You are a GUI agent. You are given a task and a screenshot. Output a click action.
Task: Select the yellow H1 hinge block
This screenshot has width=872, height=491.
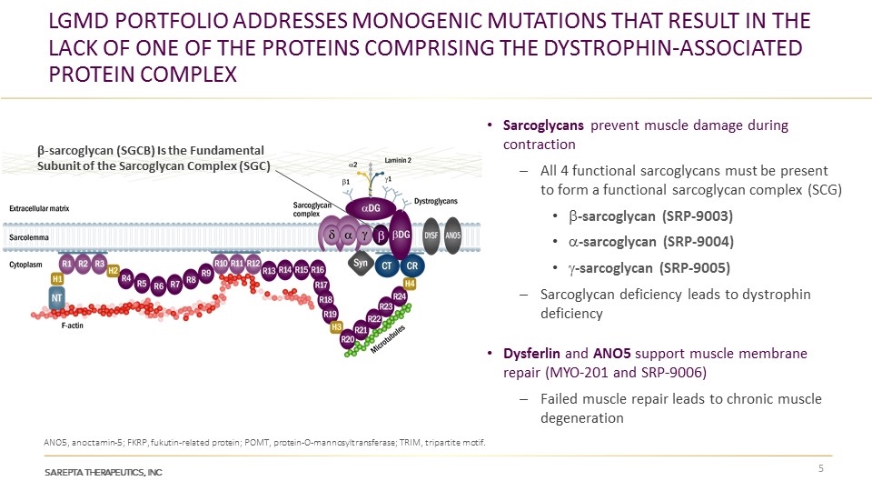pyautogui.click(x=57, y=278)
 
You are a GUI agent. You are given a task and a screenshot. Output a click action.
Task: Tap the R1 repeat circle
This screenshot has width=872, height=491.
pyautogui.click(x=66, y=264)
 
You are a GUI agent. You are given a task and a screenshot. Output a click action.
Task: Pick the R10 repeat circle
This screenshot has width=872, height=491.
pyautogui.click(x=221, y=264)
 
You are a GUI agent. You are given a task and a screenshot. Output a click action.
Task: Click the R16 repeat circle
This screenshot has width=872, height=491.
pyautogui.click(x=318, y=270)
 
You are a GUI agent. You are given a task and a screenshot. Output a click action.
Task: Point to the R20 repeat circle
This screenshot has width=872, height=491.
pyautogui.click(x=347, y=339)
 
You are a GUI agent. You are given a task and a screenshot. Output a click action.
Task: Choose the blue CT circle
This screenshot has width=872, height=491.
pyautogui.click(x=386, y=265)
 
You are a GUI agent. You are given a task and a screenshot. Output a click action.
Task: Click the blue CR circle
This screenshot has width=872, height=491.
pyautogui.click(x=411, y=265)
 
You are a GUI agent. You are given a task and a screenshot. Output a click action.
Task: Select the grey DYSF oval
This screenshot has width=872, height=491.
pyautogui.click(x=431, y=235)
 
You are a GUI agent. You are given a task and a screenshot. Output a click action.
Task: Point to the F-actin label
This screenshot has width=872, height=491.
pyautogui.click(x=73, y=326)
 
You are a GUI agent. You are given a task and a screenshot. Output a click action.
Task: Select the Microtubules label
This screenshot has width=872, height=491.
pyautogui.click(x=399, y=341)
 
